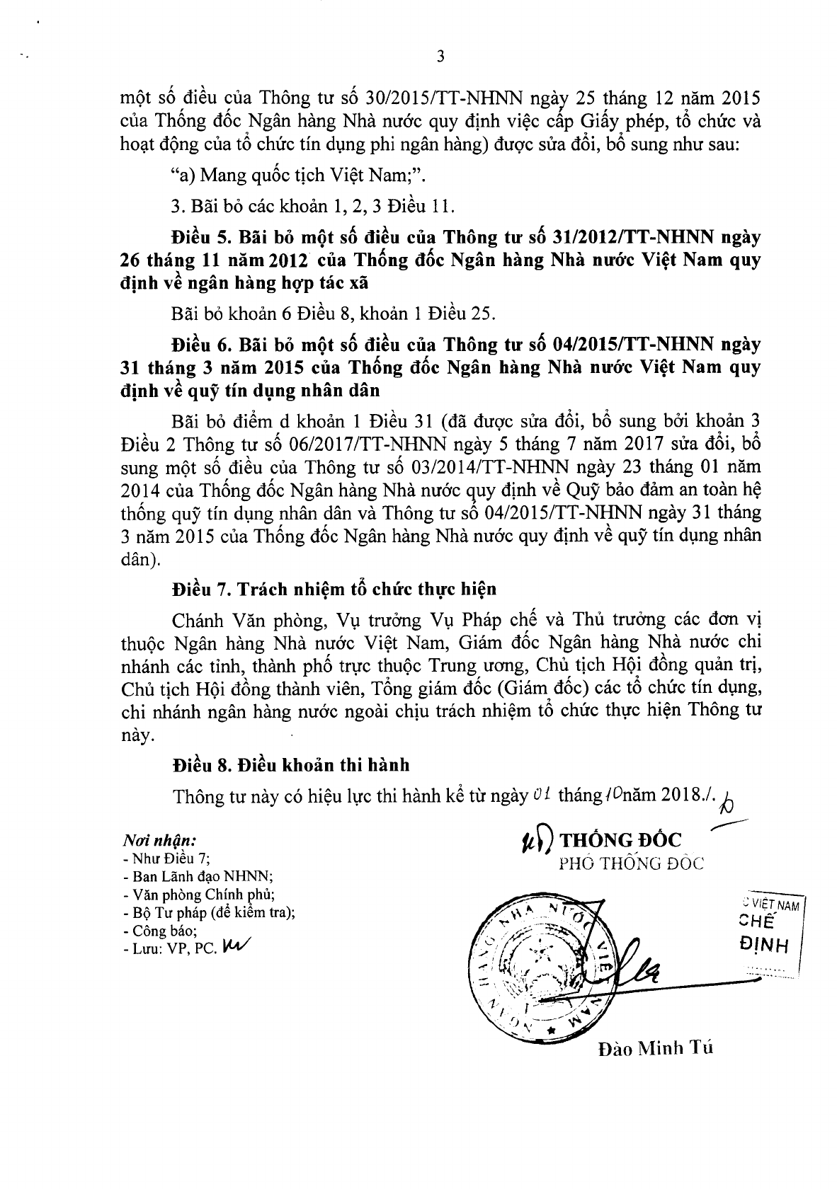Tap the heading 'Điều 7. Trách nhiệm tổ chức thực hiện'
(x=334, y=589)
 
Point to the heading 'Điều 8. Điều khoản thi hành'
(x=291, y=765)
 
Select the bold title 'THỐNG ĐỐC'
(x=620, y=840)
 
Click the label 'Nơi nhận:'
(x=159, y=840)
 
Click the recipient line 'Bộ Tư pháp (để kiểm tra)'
(x=209, y=913)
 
